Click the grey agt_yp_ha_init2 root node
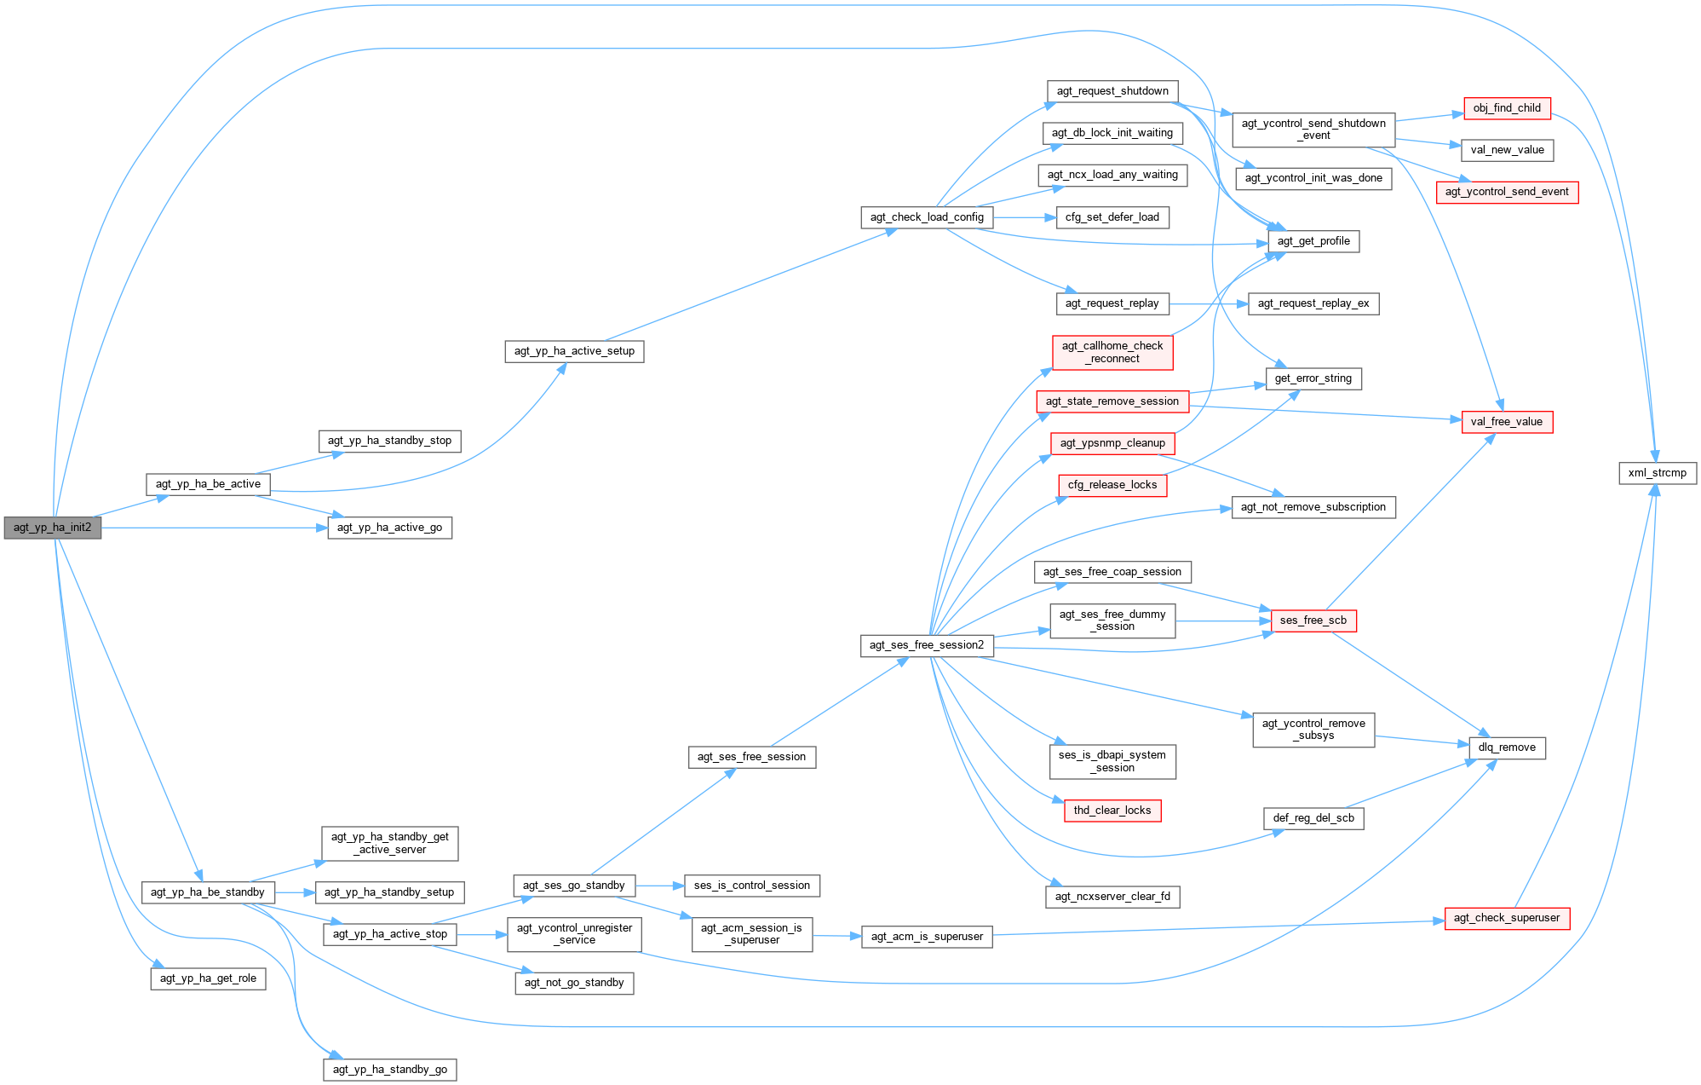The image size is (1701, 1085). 52,528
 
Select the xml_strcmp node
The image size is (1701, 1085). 1657,473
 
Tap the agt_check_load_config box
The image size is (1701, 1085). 927,217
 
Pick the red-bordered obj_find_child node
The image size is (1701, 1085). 1506,108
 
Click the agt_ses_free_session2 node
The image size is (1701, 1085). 926,645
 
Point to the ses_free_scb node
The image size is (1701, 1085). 1313,620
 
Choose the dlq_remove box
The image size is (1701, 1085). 1506,747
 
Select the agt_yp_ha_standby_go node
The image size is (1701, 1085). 389,1070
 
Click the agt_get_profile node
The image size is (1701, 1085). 1313,241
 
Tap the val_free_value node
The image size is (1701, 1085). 1506,422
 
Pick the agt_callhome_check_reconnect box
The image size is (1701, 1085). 1112,352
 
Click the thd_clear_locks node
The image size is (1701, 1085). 1112,811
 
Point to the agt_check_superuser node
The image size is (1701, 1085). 1506,918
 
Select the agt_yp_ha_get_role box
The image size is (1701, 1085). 208,978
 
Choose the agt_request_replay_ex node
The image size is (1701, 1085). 1313,303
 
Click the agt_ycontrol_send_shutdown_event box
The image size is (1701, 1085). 1313,130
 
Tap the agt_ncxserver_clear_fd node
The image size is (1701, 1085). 1112,897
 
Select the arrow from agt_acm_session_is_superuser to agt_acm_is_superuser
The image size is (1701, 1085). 837,936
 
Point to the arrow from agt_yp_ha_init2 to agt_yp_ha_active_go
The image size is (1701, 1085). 213,528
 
